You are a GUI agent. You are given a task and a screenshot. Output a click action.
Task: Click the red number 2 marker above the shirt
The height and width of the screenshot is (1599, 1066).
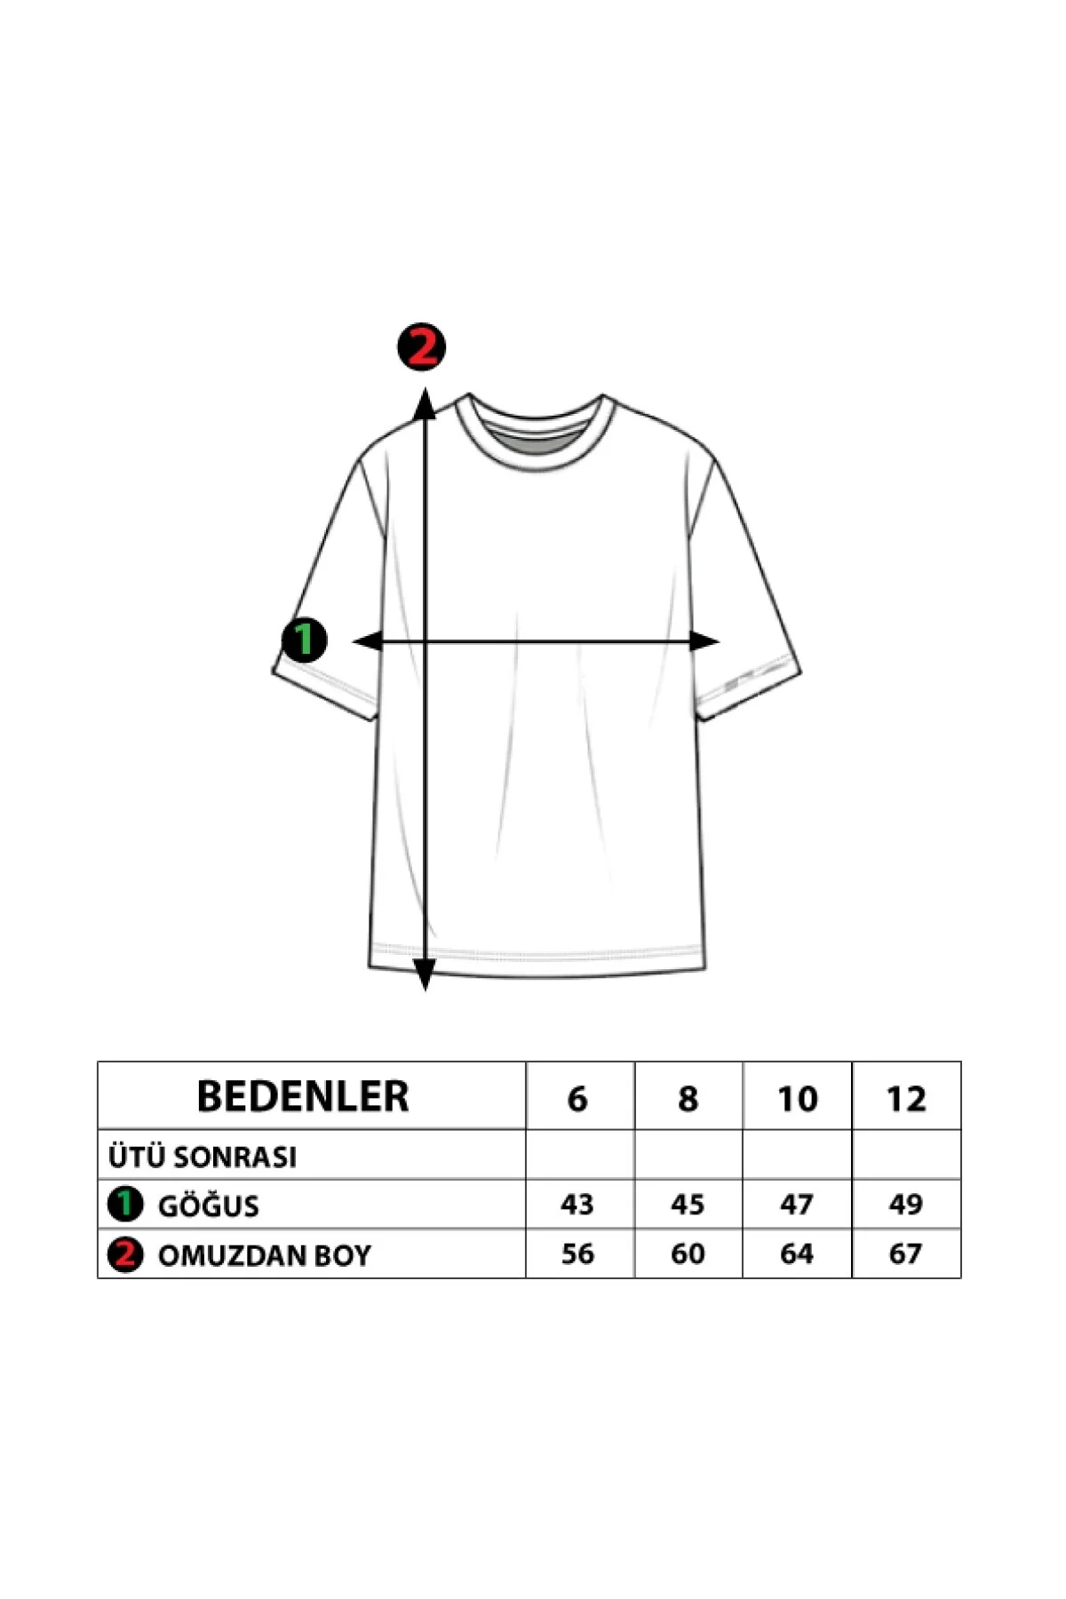click(x=421, y=346)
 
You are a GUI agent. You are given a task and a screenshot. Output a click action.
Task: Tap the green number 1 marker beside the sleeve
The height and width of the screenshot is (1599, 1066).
click(x=304, y=640)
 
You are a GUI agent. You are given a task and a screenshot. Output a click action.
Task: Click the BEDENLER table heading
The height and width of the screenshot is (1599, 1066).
click(x=303, y=1096)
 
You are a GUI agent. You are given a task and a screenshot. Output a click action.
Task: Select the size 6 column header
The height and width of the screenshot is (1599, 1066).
click(x=577, y=1099)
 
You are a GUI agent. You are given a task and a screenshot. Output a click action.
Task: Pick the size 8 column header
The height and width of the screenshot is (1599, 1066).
click(x=688, y=1099)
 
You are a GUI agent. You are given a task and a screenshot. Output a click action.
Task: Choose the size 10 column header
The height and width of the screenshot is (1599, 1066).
click(x=797, y=1099)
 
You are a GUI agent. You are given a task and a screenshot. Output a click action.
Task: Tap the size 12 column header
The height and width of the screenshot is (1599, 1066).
click(x=906, y=1099)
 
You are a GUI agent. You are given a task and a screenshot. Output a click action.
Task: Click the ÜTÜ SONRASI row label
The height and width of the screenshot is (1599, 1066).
click(x=203, y=1157)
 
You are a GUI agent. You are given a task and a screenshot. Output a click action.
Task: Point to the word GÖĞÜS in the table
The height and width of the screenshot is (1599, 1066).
click(x=209, y=1205)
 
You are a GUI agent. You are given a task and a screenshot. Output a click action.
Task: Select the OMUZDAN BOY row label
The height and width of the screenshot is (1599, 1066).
click(x=264, y=1255)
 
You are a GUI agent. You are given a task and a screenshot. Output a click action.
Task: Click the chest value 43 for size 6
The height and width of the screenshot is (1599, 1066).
click(x=577, y=1205)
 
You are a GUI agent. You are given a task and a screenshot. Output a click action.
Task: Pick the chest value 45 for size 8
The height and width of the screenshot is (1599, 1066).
click(x=688, y=1205)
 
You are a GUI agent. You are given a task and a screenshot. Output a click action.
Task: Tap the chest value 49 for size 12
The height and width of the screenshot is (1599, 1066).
click(x=906, y=1205)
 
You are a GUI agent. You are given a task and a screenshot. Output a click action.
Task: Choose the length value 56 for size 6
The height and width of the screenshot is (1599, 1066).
click(x=577, y=1253)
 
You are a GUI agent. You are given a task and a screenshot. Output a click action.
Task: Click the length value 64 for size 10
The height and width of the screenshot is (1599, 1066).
click(x=797, y=1253)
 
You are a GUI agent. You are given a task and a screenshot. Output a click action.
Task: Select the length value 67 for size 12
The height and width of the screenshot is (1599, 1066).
click(x=906, y=1253)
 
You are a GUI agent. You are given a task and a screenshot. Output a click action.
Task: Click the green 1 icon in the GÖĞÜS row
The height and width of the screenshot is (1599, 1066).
click(x=125, y=1204)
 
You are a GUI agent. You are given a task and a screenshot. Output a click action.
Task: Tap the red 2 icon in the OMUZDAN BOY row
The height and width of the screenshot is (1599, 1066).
click(x=125, y=1254)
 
